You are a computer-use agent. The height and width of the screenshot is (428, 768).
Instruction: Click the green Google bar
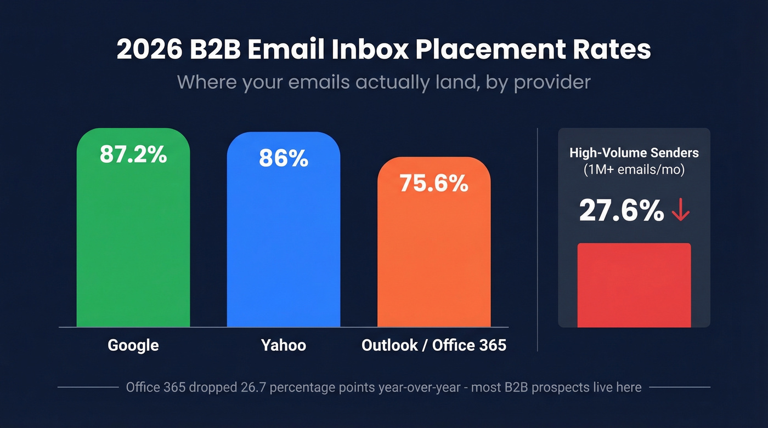coord(133,247)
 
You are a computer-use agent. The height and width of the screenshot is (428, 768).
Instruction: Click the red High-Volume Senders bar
coord(634,285)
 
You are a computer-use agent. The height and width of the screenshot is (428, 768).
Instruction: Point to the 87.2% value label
coord(133,155)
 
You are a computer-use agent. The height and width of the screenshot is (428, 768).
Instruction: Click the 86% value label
coord(284,158)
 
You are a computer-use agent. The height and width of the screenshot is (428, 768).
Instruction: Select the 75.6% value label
coord(434,184)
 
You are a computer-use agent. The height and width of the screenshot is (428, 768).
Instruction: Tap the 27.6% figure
coord(621,212)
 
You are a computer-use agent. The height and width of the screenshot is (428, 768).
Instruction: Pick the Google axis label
coord(133,345)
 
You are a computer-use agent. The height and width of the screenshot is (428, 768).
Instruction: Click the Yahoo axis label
coord(284,345)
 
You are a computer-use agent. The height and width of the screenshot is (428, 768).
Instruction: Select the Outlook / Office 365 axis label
coord(434,345)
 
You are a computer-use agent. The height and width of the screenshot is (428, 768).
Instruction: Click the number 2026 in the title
coord(150,50)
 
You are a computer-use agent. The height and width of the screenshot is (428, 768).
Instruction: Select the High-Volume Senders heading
coord(634,153)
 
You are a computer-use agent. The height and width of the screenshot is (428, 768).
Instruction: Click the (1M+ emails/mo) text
coord(634,170)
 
